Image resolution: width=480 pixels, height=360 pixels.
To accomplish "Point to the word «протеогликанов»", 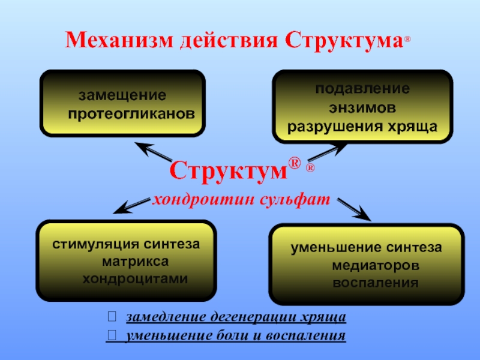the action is pos(131,113).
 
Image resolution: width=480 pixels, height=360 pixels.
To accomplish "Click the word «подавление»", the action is pos(363,89).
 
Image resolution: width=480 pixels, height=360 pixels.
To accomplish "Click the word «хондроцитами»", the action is pos(135,279).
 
